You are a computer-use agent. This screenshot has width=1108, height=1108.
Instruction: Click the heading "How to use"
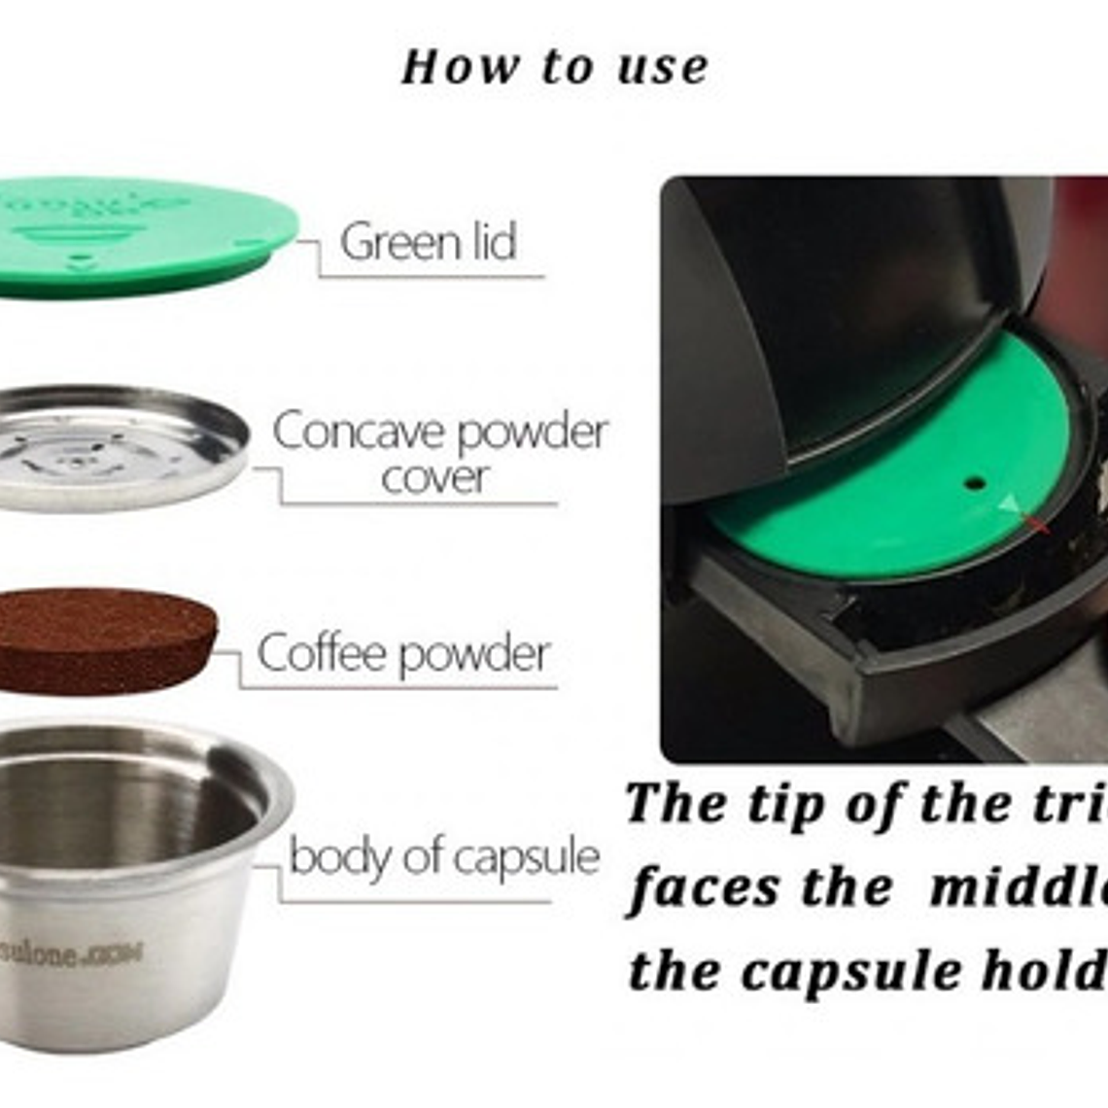pyautogui.click(x=554, y=67)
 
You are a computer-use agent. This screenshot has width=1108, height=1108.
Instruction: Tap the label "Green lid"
pyautogui.click(x=428, y=241)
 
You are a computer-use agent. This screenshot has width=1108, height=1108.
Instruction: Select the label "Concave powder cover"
pyautogui.click(x=439, y=453)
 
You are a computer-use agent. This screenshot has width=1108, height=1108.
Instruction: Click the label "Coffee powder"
pyautogui.click(x=403, y=653)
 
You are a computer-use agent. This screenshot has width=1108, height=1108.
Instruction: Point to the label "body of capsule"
pyautogui.click(x=443, y=856)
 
